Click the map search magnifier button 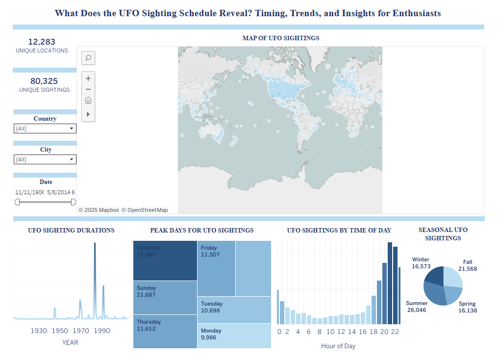[88, 58]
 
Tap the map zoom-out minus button [88, 89]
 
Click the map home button [88, 101]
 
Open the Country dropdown [45, 129]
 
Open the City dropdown [45, 159]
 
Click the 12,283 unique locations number [42, 42]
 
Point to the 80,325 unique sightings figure [44, 81]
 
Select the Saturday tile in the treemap [165, 260]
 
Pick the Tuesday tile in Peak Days [234, 309]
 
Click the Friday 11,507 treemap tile [216, 268]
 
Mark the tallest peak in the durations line [95, 244]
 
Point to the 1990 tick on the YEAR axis [102, 331]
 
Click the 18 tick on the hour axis [374, 332]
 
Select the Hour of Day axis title [338, 346]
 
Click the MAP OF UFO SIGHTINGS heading [280, 38]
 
